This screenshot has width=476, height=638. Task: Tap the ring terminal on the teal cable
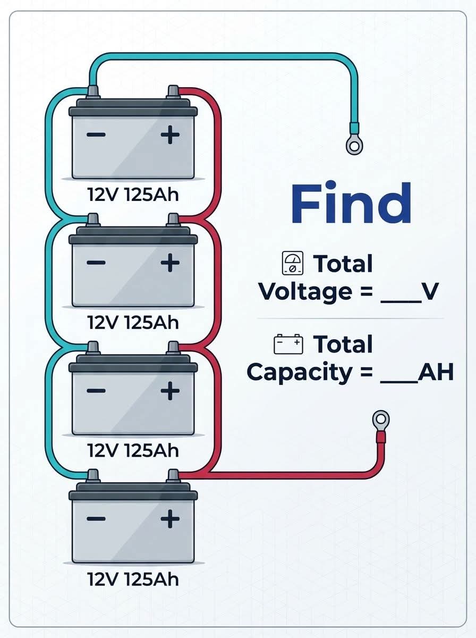click(x=354, y=145)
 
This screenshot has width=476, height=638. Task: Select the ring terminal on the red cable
click(x=381, y=419)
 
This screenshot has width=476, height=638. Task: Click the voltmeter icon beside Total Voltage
click(x=293, y=263)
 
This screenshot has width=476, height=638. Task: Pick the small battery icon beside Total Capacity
click(x=288, y=344)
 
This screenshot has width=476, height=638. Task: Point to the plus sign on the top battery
click(x=170, y=135)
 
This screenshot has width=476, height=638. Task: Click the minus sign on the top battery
click(x=96, y=135)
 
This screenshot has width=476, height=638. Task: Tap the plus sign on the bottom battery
click(x=170, y=518)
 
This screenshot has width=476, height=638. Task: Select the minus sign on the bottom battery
click(x=96, y=519)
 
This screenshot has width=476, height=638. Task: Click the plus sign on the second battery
click(x=170, y=263)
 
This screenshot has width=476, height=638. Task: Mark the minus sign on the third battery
click(x=96, y=391)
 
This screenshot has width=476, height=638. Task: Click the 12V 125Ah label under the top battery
click(x=133, y=195)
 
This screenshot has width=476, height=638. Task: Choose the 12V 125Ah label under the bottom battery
click(x=133, y=579)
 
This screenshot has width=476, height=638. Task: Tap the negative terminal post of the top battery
click(x=93, y=93)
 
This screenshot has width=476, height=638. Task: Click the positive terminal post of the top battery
click(x=173, y=93)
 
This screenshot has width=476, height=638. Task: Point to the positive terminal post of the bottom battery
click(x=173, y=476)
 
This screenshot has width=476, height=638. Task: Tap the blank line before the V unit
click(x=401, y=302)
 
